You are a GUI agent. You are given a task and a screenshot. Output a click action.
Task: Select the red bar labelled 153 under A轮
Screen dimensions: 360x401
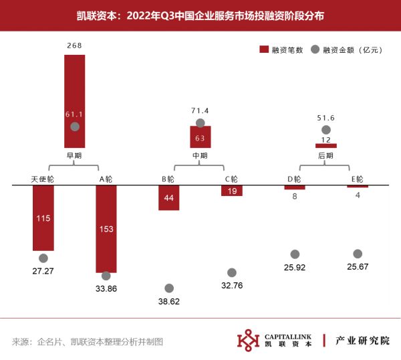point(106,229)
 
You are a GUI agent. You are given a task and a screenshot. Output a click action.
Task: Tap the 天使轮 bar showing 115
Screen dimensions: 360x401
point(43,218)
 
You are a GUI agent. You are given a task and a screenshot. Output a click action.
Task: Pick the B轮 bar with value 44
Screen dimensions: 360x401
point(169,198)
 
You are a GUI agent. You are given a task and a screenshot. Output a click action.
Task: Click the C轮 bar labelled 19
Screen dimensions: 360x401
point(232,191)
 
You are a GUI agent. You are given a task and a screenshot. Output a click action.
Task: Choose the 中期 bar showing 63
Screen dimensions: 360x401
point(200,137)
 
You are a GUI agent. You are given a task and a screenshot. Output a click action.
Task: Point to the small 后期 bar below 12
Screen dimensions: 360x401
point(326,145)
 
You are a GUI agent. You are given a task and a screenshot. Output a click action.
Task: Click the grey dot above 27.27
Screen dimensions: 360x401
point(43,258)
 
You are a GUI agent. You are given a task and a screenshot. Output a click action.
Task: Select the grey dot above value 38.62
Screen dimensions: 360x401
point(169,288)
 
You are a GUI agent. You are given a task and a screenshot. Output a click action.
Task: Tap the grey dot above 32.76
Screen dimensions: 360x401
point(232,272)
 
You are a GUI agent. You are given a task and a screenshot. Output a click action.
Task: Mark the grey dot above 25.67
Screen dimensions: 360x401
point(358,254)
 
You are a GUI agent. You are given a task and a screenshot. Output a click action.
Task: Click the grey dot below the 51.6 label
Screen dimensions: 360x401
point(326,130)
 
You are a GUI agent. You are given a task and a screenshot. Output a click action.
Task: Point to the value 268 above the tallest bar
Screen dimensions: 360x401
point(75,46)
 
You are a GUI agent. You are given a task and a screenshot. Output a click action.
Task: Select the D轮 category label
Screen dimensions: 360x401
point(295,179)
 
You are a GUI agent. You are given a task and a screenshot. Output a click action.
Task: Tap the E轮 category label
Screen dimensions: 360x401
point(357,179)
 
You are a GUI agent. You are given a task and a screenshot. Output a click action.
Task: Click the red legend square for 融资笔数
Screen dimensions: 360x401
point(263,50)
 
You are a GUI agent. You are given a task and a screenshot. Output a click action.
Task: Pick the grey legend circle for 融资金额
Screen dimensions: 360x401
point(315,50)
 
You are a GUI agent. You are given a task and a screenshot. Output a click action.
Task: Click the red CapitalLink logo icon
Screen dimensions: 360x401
point(249,340)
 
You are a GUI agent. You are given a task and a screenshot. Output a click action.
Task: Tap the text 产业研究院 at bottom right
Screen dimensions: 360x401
point(362,340)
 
